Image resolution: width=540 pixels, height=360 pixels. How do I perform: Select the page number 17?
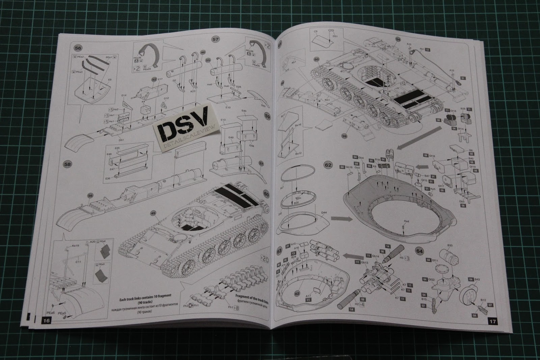tap(493, 322)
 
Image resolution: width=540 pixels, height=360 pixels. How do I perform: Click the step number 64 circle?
tap(419, 251)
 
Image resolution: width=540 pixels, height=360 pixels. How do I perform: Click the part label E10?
tap(227, 108)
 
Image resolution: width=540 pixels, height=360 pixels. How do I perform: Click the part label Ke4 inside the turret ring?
tap(406, 222)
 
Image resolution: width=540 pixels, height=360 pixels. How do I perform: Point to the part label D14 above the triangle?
tap(124, 96)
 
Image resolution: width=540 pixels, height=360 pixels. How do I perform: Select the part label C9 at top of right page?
tap(316, 31)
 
